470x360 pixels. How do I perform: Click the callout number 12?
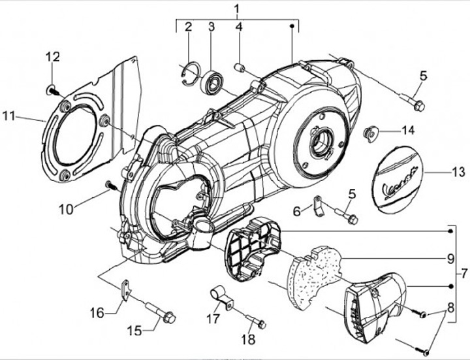[52, 57]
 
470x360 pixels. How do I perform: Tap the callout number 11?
[8, 116]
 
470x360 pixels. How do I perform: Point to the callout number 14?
[408, 130]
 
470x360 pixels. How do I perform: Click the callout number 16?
[97, 313]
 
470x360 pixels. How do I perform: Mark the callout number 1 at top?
[236, 8]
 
